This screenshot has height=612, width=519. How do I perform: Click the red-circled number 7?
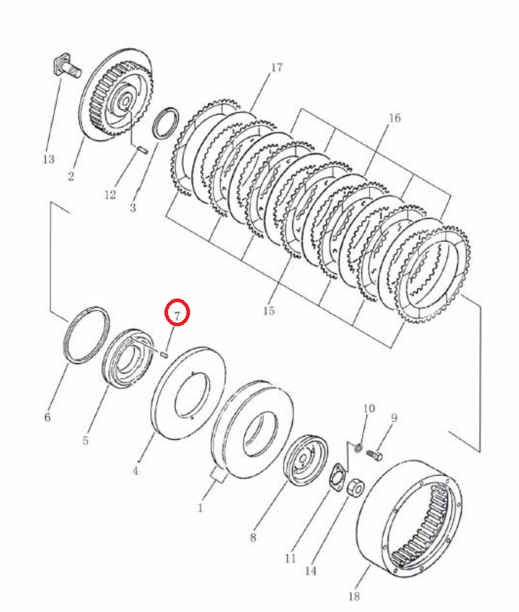pos(177,316)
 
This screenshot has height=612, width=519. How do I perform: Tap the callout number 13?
pos(49,160)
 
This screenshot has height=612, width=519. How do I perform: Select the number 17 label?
pos(277,67)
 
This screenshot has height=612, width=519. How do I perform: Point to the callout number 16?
pos(394,118)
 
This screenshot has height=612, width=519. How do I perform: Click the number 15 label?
pos(269,311)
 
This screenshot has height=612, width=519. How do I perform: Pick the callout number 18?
pos(354,596)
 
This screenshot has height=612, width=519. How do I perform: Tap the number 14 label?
pos(311,571)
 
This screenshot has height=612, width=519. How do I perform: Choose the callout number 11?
pos(290,559)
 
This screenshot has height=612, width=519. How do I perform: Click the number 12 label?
pos(110,194)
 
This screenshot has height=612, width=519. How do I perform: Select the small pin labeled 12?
pos(143,150)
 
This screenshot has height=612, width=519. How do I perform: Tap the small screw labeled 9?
pos(374,455)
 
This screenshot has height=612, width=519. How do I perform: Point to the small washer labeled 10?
pos(358,447)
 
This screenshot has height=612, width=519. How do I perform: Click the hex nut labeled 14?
pos(355,487)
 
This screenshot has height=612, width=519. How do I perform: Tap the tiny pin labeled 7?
pos(164,355)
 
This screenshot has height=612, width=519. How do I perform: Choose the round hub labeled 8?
pos(305,460)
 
